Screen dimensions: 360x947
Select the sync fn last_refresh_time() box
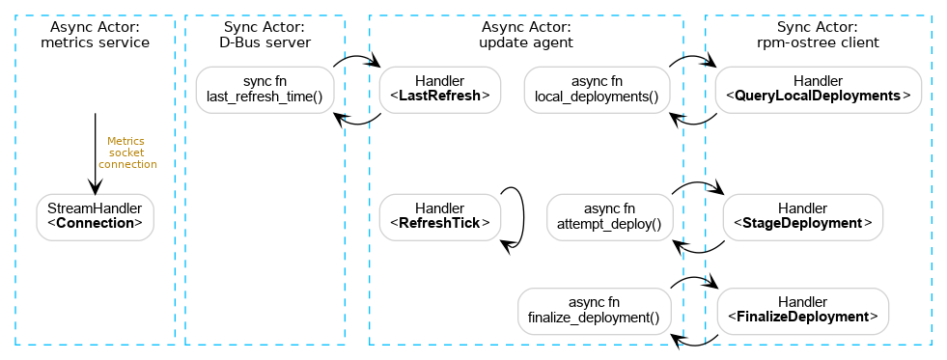point(265,89)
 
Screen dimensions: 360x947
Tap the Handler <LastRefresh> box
point(439,89)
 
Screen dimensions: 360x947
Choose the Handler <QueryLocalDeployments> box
point(818,89)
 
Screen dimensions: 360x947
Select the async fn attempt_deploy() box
point(609,216)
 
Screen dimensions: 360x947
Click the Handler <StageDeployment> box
point(802,216)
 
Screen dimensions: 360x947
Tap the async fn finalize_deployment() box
point(595,310)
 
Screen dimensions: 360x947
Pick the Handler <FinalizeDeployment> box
point(802,310)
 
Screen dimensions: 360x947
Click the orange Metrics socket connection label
point(127,152)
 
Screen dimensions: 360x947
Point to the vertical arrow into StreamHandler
point(95,154)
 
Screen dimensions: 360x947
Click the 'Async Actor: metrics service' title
point(95,35)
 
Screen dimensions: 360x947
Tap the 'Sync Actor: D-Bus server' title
point(265,35)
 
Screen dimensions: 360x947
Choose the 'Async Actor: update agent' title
point(526,35)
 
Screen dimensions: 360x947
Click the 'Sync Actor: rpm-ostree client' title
point(818,35)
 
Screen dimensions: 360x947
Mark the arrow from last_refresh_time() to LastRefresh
point(356,60)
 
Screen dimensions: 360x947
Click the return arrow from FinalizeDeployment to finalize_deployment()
point(695,340)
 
